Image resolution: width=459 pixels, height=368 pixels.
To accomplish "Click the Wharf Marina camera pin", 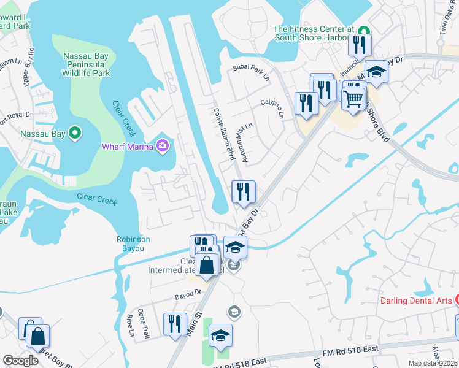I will [163, 145].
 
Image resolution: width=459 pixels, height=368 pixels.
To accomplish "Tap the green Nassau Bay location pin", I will [75, 132].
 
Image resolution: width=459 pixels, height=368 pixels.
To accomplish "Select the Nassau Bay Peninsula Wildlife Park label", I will [87, 64].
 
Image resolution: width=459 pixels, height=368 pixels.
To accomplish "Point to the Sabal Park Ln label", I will [251, 72].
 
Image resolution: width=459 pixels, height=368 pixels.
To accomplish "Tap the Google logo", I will [20, 361].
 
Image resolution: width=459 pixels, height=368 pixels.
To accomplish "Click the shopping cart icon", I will [353, 98].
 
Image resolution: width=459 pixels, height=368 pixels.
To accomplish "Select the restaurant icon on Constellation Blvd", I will [244, 192].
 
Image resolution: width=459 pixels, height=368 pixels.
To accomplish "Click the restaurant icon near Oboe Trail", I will [175, 324].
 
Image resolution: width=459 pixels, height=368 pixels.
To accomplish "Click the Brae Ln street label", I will [129, 325].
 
